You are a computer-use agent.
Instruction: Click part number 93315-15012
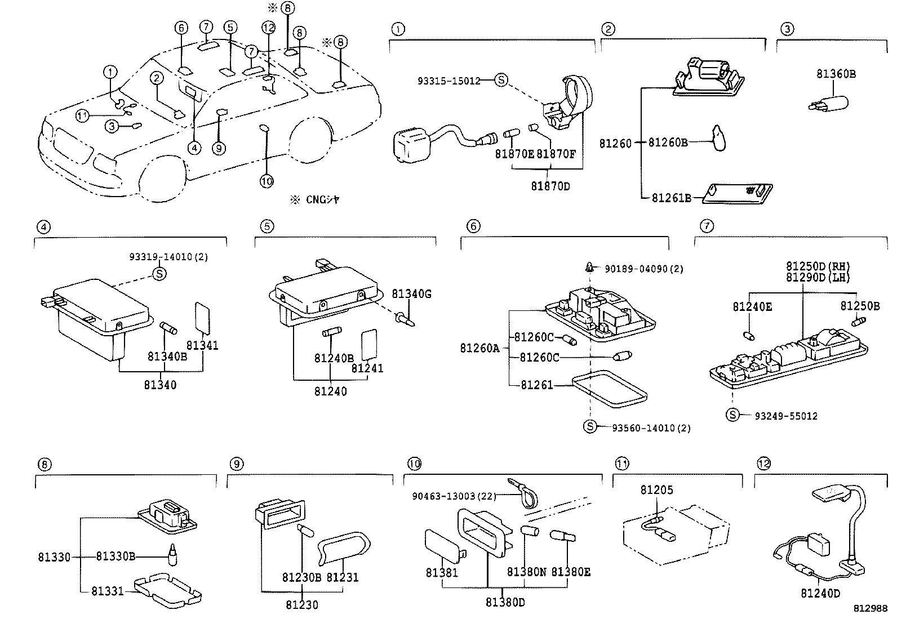point(448,81)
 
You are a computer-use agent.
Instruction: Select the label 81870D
point(550,186)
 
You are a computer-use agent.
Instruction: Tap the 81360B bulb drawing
point(831,104)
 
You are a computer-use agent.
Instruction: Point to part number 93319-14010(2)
point(168,257)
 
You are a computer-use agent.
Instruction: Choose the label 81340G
point(411,293)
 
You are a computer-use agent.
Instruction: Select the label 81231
point(343,577)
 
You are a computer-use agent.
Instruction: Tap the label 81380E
point(571,572)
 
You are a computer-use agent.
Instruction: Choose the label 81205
point(656,490)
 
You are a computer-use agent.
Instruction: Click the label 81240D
point(820,593)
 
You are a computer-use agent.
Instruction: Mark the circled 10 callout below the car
point(267,181)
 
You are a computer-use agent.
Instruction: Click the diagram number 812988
point(871,609)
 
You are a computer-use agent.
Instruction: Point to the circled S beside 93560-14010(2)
point(589,426)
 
